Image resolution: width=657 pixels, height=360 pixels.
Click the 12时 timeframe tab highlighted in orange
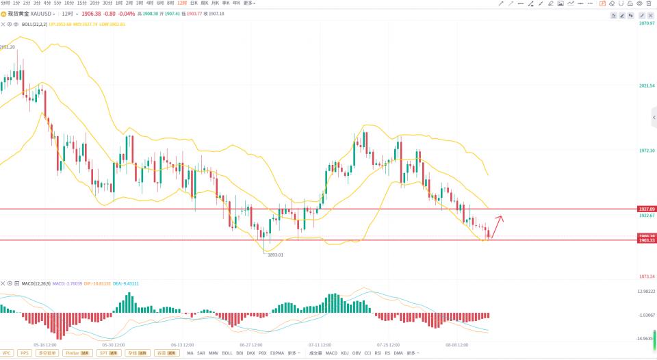click(x=181, y=3)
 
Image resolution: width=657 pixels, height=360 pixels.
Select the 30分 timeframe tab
click(x=105, y=3)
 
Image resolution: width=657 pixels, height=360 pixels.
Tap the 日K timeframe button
click(x=194, y=3)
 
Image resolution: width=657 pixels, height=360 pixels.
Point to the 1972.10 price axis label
click(x=647, y=151)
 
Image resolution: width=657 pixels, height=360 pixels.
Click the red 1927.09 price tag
click(x=647, y=209)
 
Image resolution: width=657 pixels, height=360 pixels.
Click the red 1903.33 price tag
click(x=647, y=240)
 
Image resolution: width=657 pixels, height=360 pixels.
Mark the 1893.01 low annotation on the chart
click(x=275, y=255)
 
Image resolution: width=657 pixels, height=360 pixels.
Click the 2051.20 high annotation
click(x=8, y=47)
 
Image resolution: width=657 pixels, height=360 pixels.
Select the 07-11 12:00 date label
click(x=320, y=345)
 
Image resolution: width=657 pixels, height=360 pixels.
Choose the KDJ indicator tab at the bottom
click(x=344, y=353)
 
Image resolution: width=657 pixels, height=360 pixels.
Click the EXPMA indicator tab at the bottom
click(x=276, y=353)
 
